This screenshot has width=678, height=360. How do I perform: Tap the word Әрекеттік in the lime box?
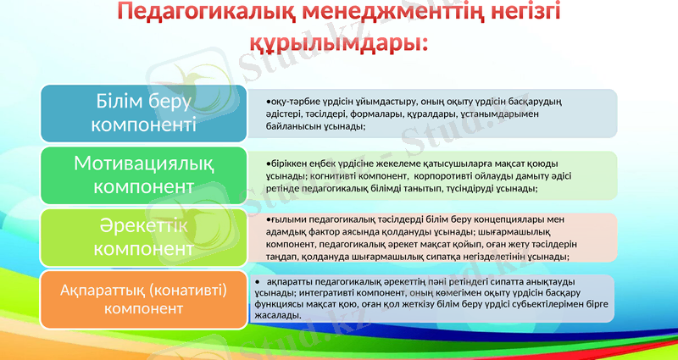pos(142,226)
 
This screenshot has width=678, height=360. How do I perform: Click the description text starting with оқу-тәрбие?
pos(424,114)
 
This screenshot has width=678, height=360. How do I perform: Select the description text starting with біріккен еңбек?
pos(424,175)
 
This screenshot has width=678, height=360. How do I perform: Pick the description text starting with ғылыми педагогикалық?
pos(424,237)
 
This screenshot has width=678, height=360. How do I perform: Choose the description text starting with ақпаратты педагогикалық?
pos(424,298)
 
